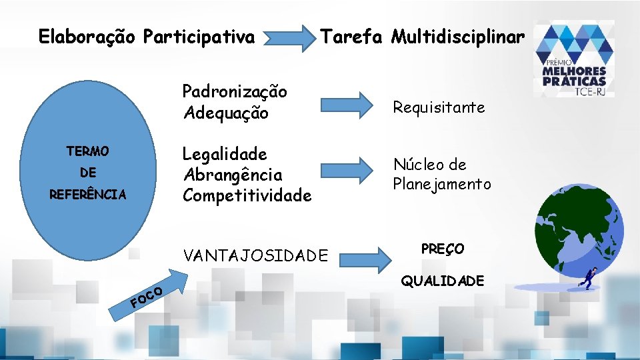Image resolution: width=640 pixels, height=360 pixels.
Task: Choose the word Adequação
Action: [225, 113]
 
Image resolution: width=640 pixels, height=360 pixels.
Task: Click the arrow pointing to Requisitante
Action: [347, 104]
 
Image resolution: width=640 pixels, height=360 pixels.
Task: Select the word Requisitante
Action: [439, 107]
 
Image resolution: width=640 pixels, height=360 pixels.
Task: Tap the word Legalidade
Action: [225, 154]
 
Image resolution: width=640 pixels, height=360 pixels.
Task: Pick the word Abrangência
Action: [232, 175]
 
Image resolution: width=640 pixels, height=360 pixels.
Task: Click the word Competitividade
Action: [247, 195]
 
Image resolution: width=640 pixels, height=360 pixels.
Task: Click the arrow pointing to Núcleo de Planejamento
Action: [347, 169]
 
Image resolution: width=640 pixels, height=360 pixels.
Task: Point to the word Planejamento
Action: [441, 184]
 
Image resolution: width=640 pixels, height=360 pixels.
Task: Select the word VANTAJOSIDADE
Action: [255, 255]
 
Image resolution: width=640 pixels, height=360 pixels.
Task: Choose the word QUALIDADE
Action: [442, 281]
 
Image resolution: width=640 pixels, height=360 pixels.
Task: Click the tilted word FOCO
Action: [147, 297]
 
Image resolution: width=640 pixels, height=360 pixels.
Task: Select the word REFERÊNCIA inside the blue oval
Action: [88, 195]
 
